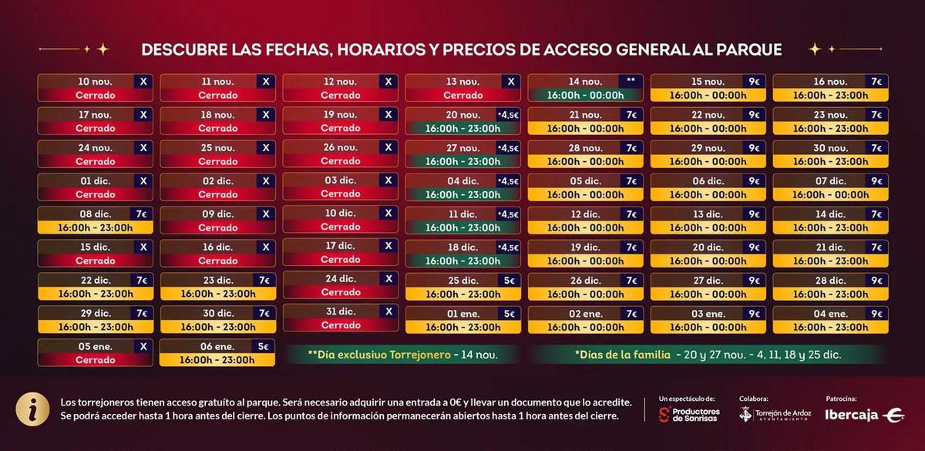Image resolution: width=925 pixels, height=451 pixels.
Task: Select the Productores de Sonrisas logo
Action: [x=688, y=415]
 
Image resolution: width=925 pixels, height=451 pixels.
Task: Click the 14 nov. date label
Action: [x=585, y=82]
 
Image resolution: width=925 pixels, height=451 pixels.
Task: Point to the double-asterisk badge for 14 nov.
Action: [x=631, y=81]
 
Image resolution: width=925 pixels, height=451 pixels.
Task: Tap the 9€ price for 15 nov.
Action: [x=753, y=81]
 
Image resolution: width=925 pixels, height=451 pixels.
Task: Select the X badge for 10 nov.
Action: [x=143, y=81]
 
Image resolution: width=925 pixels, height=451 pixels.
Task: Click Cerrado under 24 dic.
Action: [x=341, y=292]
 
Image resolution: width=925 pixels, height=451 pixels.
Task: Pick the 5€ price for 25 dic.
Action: [x=509, y=280]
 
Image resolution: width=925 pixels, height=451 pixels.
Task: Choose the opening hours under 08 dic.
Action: [x=95, y=227]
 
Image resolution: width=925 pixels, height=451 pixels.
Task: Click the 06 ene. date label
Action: [x=218, y=346]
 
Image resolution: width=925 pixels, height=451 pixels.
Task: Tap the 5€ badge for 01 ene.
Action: [x=509, y=313]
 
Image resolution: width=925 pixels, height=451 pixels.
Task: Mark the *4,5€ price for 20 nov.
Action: [x=508, y=114]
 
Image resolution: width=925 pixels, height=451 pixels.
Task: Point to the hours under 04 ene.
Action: [x=830, y=327]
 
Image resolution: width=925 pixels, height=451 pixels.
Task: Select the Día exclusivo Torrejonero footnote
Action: [x=402, y=355]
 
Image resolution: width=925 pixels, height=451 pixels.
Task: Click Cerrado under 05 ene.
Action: [x=95, y=360]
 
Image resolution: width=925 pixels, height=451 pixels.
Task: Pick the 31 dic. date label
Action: [x=340, y=311]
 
